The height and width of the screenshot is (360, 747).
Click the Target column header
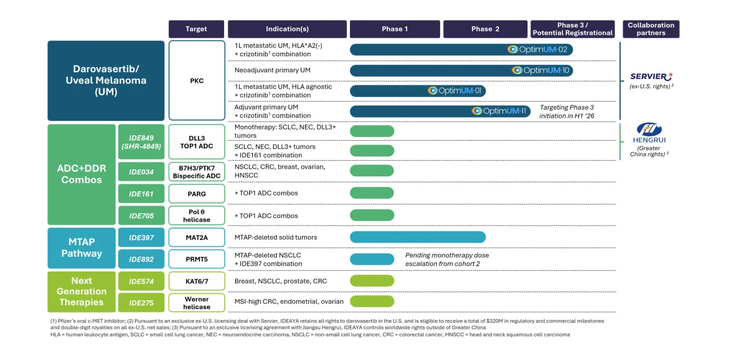pyautogui.click(x=196, y=29)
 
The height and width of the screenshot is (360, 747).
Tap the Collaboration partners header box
pyautogui.click(x=651, y=29)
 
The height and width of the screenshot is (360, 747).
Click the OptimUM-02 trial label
pyautogui.click(x=539, y=49)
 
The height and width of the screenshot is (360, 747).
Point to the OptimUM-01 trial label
pyautogui.click(x=455, y=91)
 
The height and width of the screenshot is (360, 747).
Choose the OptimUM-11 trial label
pyautogui.click(x=500, y=111)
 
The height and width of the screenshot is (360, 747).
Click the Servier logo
pyautogui.click(x=651, y=77)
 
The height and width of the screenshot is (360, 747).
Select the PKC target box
pyautogui.click(x=196, y=80)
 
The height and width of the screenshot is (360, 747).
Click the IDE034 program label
pyautogui.click(x=141, y=171)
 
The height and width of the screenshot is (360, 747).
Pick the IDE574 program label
pyautogui.click(x=141, y=281)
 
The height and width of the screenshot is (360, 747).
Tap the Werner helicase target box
pyautogui.click(x=196, y=302)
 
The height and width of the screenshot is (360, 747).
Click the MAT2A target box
pyautogui.click(x=196, y=237)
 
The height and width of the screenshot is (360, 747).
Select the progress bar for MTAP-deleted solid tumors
pyautogui.click(x=417, y=237)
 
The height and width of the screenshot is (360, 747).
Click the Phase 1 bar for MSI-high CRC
pyautogui.click(x=372, y=301)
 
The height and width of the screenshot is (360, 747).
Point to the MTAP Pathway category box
pyautogui.click(x=82, y=248)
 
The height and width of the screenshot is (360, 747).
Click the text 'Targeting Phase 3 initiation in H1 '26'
pyautogui.click(x=575, y=111)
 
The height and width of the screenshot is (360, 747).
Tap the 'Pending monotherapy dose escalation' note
pyautogui.click(x=447, y=259)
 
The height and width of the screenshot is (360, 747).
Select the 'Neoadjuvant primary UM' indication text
pyautogui.click(x=272, y=70)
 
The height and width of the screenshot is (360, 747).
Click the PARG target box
pyautogui.click(x=196, y=194)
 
